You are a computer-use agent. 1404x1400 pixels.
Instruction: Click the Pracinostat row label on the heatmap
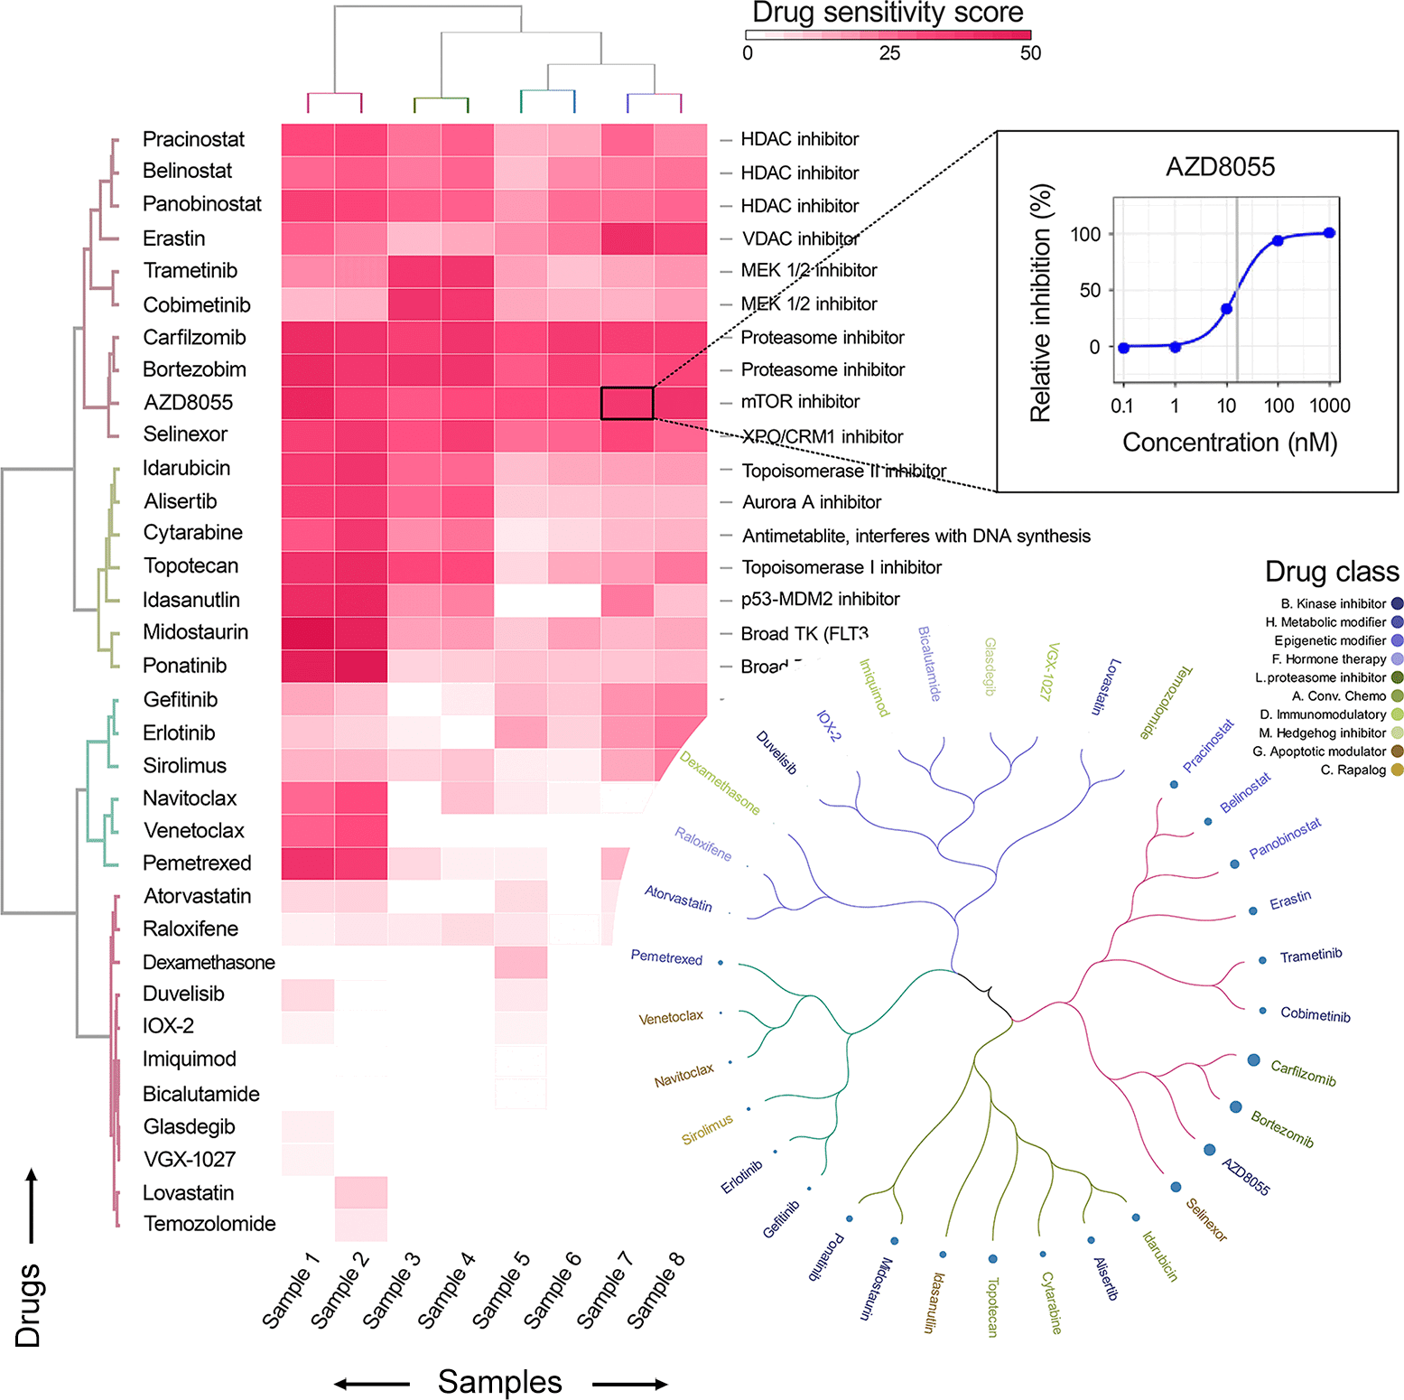[193, 139]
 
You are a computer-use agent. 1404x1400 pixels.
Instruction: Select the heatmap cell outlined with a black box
[628, 403]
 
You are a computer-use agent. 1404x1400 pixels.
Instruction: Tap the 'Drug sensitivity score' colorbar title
[888, 13]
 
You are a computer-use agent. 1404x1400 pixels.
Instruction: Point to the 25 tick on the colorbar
[889, 53]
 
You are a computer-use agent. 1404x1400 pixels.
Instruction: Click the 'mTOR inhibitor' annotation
[800, 401]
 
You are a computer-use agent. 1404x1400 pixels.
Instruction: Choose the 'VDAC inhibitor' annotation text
[800, 238]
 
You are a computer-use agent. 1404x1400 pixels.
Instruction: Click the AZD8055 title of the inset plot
[1220, 167]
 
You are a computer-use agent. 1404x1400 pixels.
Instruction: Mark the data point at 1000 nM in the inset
[1329, 233]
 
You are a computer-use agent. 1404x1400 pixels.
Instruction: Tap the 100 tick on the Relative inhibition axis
[1085, 235]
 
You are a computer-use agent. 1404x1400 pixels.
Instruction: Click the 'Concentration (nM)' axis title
[1230, 443]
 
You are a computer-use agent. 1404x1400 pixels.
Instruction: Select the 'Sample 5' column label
[501, 1291]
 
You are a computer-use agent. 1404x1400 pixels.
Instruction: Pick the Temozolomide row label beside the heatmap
[209, 1224]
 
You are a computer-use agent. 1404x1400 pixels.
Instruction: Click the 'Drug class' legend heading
[1332, 572]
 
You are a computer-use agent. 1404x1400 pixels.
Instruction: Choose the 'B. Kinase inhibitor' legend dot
[1398, 603]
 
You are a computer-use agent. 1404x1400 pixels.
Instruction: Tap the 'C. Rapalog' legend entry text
[1353, 770]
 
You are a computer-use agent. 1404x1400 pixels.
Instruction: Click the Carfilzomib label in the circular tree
[1303, 1073]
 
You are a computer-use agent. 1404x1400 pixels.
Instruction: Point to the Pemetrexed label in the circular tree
[666, 957]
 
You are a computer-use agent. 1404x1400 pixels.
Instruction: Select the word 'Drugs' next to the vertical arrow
[28, 1305]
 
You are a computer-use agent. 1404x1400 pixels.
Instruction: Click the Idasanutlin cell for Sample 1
[308, 600]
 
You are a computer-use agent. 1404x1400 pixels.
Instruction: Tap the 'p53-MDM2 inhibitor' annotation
[820, 599]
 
